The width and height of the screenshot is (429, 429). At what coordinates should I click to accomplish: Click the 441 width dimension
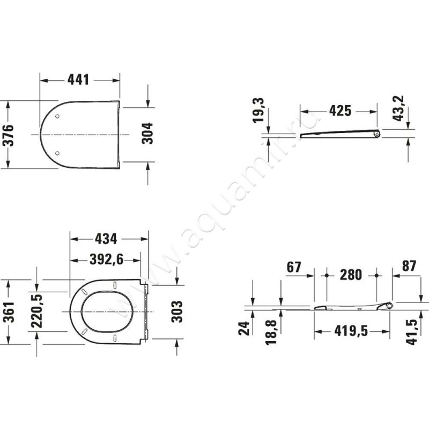(78, 79)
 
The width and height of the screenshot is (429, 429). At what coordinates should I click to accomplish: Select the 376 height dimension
(8, 135)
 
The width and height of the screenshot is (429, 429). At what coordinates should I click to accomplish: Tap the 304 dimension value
(147, 133)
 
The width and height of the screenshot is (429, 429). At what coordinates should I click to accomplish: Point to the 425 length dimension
(340, 111)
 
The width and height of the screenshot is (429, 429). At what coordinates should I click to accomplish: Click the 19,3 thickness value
(258, 110)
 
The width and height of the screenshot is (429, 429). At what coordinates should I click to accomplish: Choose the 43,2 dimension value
(398, 108)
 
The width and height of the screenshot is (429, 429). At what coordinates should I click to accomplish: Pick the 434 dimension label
(106, 239)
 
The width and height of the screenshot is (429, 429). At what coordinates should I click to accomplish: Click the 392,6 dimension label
(107, 260)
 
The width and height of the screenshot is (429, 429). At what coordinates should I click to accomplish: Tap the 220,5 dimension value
(36, 311)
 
